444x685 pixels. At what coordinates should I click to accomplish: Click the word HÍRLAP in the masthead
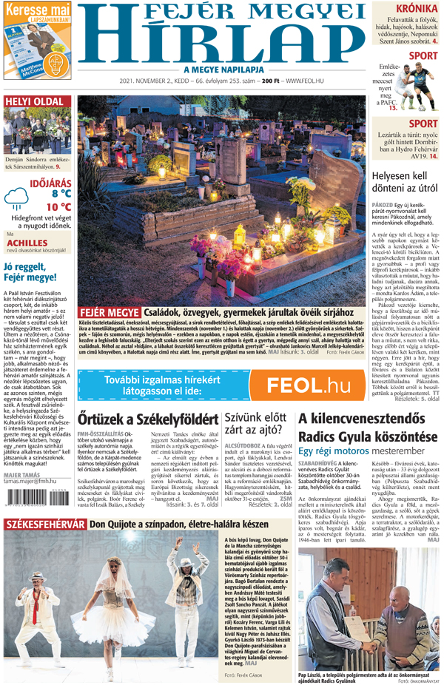click(x=222, y=43)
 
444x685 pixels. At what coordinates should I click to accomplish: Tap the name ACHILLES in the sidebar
click(x=27, y=242)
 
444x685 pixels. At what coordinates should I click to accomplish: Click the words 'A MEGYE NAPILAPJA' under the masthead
click(x=222, y=69)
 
